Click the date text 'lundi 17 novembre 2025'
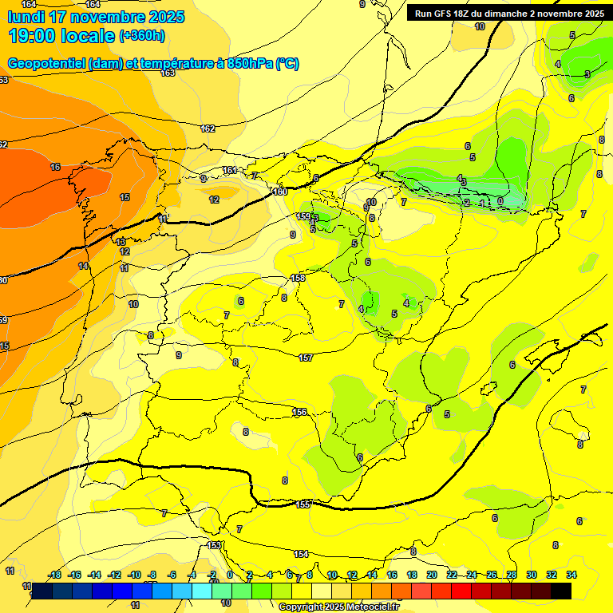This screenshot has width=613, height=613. click(x=96, y=17)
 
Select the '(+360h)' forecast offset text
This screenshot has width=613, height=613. click(x=142, y=36)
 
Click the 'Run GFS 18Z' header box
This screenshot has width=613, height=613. click(x=508, y=13)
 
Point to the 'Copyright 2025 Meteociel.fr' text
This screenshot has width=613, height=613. click(x=338, y=607)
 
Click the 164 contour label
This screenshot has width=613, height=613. click(x=28, y=5)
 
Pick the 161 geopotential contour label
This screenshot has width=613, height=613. click(x=230, y=170)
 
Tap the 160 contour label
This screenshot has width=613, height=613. click(x=279, y=192)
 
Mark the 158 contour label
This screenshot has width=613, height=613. click(x=298, y=278)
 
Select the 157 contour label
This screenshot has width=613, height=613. click(x=306, y=358)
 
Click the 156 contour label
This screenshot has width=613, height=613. click(x=299, y=412)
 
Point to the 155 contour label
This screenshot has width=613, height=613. click(x=303, y=504)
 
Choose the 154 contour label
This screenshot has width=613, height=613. click(x=301, y=554)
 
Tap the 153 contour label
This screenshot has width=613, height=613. click(x=214, y=545)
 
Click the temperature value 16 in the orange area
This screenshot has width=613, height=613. click(x=55, y=167)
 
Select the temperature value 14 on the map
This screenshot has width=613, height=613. click(x=83, y=266)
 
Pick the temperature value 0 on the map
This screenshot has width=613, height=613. click(x=500, y=200)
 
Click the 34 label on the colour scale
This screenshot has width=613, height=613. click(x=571, y=575)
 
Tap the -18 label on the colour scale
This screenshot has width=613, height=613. click(x=55, y=575)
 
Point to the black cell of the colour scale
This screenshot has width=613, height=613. click(x=561, y=591)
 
